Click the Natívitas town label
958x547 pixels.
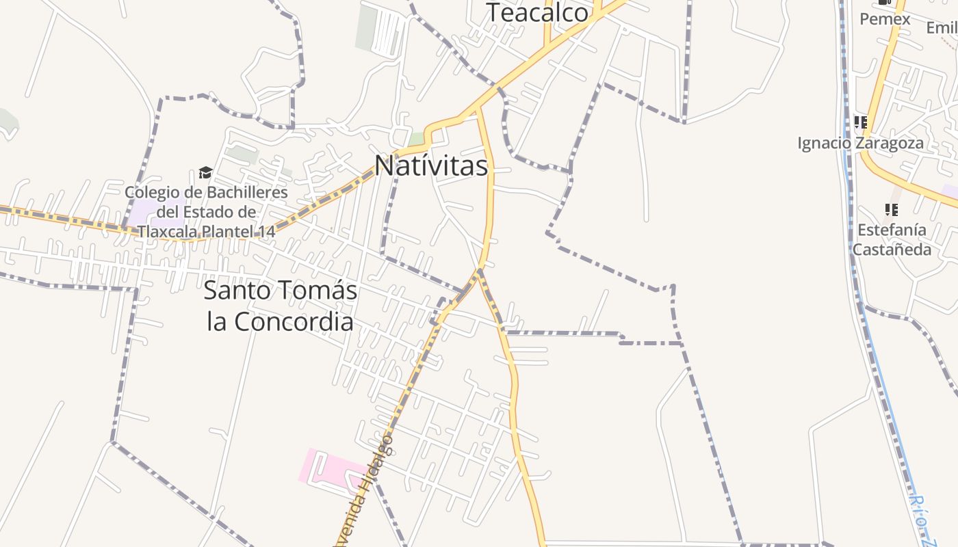tap(431, 165)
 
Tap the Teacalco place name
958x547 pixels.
tap(537, 13)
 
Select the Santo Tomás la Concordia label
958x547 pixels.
tap(281, 306)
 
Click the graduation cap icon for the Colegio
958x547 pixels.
tap(205, 172)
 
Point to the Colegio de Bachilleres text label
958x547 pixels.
tap(206, 212)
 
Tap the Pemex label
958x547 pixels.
tap(885, 19)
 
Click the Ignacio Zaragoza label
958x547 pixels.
tap(860, 144)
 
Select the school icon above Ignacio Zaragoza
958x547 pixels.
tap(860, 122)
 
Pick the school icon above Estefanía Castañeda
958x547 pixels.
tap(891, 209)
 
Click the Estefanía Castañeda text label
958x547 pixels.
tap(891, 239)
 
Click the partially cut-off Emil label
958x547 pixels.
tap(942, 28)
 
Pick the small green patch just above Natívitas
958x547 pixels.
tap(417, 139)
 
